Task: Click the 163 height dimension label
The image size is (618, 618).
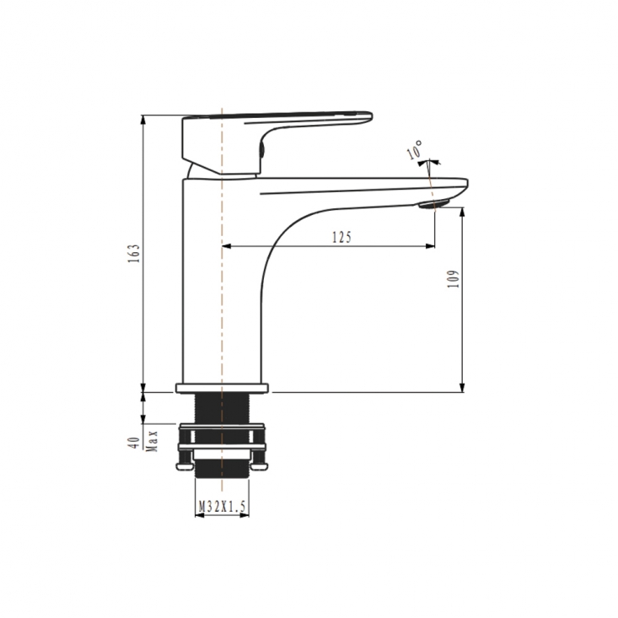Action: (x=134, y=253)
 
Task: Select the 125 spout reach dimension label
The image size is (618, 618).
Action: (x=341, y=237)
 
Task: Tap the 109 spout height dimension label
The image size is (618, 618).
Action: (x=454, y=279)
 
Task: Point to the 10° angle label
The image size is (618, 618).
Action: (x=415, y=150)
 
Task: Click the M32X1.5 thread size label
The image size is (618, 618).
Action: (x=223, y=506)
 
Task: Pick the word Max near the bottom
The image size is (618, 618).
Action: (x=152, y=441)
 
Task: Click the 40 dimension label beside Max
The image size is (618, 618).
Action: (x=134, y=443)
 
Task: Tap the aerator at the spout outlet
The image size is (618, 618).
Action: (x=433, y=204)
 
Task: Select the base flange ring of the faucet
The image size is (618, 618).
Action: (x=223, y=388)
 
